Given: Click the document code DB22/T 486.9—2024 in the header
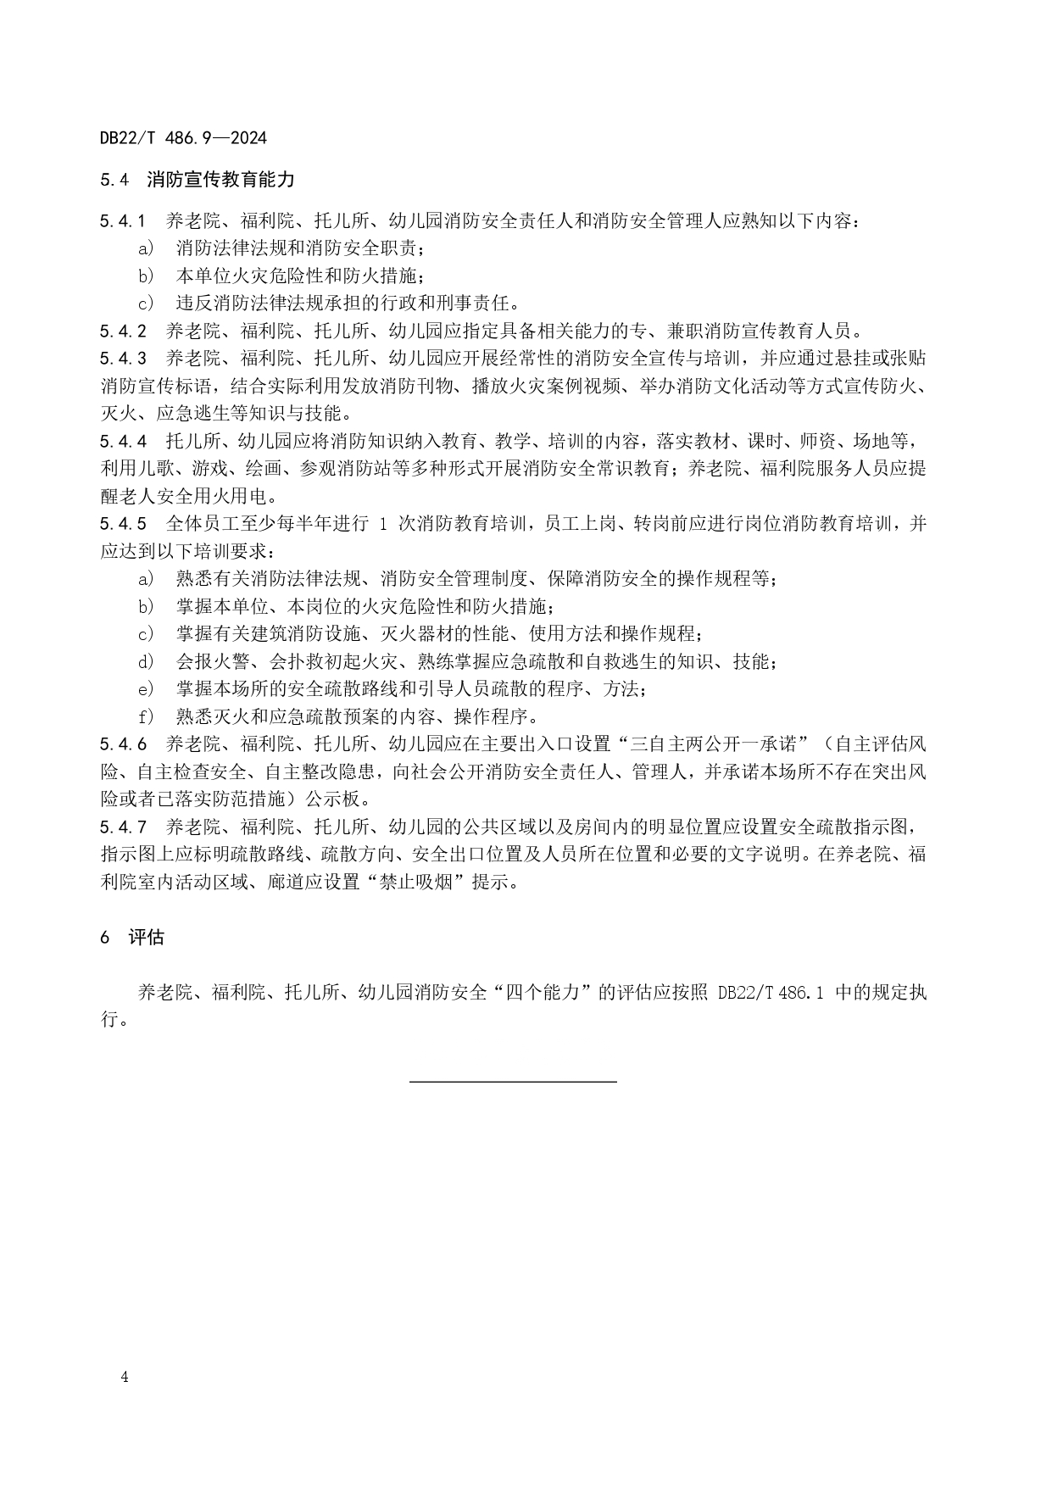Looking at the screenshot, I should [183, 138].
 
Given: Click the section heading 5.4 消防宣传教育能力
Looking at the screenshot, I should [197, 180].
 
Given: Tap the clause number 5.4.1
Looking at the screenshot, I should [123, 222].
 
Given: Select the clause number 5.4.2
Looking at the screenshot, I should [123, 331].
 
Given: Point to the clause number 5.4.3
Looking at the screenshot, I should [123, 358].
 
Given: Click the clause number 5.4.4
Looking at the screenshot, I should [123, 441].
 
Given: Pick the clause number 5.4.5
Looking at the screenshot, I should [123, 524].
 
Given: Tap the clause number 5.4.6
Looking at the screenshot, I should [123, 744].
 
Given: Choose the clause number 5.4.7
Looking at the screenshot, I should [123, 827].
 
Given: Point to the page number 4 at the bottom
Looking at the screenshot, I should [125, 1377].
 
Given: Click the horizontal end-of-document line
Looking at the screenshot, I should [513, 1081].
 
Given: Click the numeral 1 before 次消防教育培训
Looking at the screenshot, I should [383, 524].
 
